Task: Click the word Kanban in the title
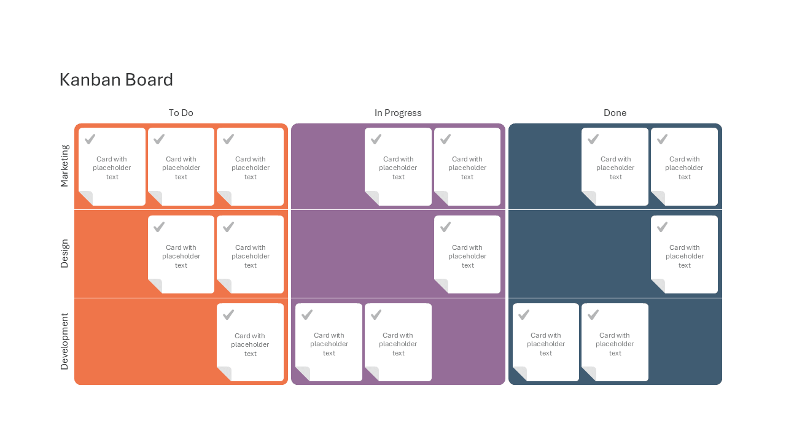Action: (x=90, y=80)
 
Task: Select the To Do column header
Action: (x=181, y=113)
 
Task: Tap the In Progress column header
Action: (x=398, y=113)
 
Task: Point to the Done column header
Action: (x=615, y=113)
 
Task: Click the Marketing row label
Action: (x=64, y=166)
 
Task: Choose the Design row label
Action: (x=64, y=254)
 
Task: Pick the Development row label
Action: (x=64, y=341)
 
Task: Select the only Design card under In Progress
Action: (x=467, y=254)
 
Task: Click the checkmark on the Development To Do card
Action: (x=228, y=315)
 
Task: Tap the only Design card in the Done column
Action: (x=684, y=254)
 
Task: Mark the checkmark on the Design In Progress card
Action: (x=446, y=227)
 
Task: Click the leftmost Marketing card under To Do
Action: (x=112, y=166)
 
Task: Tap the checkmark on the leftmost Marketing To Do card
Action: (x=90, y=139)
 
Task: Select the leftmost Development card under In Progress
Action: (x=329, y=343)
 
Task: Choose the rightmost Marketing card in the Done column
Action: (x=684, y=166)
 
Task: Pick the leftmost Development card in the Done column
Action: (x=546, y=343)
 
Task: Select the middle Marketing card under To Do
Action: (x=181, y=166)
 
